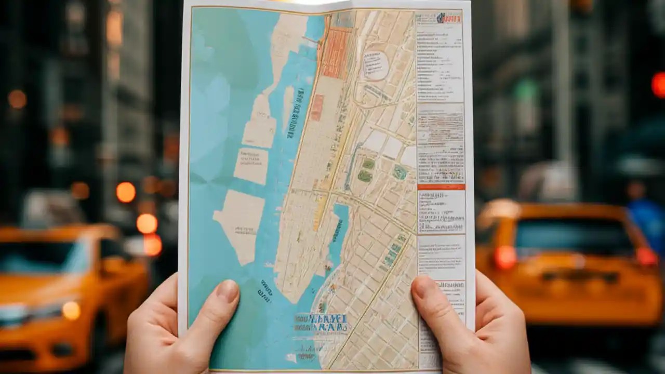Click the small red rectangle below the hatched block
[317, 107]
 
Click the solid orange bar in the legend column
[441, 186]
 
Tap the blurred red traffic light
[659, 85]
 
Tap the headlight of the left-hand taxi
[72, 310]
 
